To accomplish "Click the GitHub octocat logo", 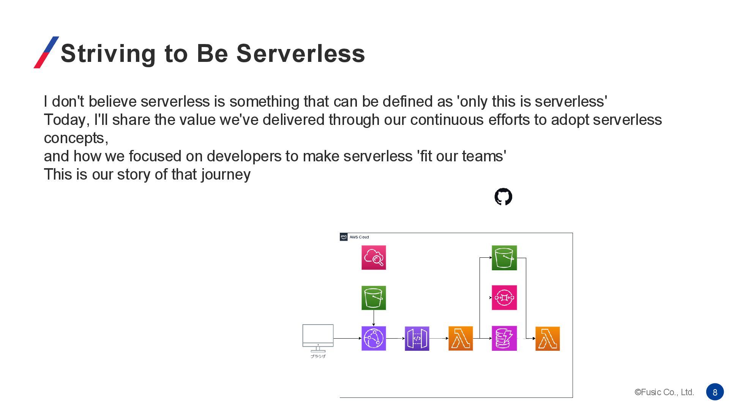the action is [503, 197].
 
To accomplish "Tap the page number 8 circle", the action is [715, 392].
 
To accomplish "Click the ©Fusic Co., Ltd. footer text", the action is [664, 392].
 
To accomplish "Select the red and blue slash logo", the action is [46, 52].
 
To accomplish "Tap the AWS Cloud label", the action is [359, 237].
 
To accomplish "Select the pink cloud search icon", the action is [374, 257].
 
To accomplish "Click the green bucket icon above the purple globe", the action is [374, 298].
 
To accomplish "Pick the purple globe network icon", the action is [374, 338].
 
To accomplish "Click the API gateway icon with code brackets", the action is [417, 338].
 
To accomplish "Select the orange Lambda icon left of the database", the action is [461, 338].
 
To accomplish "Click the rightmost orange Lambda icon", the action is [548, 338].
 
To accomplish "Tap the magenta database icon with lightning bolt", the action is [504, 338].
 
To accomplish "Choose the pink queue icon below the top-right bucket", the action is [504, 298].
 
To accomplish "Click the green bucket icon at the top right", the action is [504, 258].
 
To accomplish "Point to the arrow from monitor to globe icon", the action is [347, 338].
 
